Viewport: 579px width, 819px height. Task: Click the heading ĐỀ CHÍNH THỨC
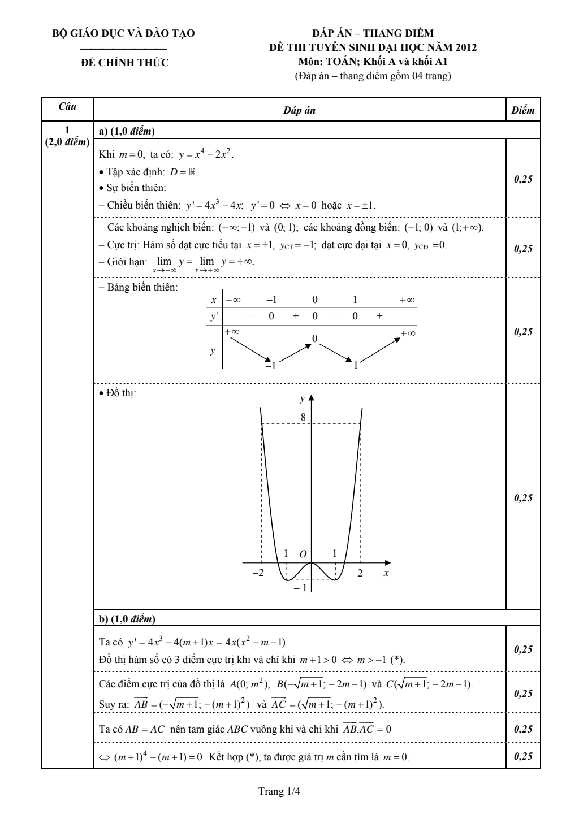tap(125, 63)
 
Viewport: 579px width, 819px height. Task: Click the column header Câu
tap(67, 106)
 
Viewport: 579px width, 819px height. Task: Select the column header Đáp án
tap(299, 111)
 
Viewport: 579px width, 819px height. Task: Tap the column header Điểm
tap(522, 111)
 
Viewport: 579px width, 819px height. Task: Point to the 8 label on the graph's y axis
tap(303, 417)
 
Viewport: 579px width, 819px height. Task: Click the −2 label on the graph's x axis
tap(258, 573)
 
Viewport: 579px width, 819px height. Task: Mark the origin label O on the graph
tap(303, 554)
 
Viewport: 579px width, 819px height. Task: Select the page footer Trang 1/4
tap(279, 791)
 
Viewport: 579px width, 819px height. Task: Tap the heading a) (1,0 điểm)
tap(127, 132)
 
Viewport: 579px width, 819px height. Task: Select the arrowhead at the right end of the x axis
tap(387, 563)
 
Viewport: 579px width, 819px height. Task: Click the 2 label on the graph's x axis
tap(360, 573)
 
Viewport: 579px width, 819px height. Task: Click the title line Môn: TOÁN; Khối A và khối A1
tap(373, 62)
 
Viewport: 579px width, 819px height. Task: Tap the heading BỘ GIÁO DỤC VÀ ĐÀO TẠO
tap(124, 34)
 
